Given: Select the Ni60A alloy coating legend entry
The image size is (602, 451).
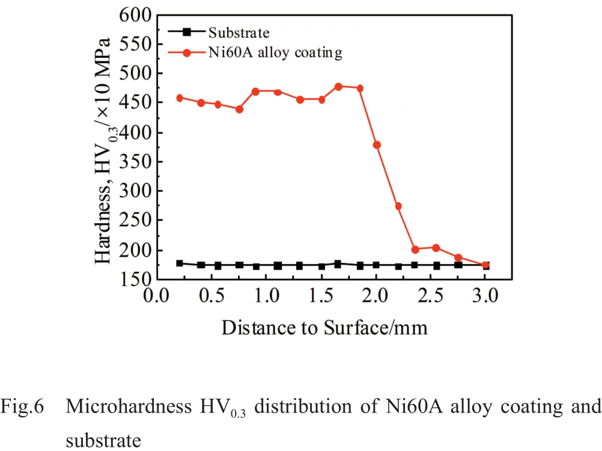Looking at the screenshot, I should (274, 53).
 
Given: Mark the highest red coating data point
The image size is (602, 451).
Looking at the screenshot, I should (338, 87).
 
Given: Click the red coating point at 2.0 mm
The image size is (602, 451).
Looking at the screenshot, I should (377, 145).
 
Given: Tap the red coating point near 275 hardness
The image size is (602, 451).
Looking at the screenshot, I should (398, 206).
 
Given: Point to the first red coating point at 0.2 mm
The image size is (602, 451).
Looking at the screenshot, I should (179, 97).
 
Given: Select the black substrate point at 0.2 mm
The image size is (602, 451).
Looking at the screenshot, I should (179, 263).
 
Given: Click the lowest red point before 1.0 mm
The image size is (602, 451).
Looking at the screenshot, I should (239, 109).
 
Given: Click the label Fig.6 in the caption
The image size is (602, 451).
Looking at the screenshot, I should (22, 406).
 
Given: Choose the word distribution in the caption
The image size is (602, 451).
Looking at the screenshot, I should (300, 406).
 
